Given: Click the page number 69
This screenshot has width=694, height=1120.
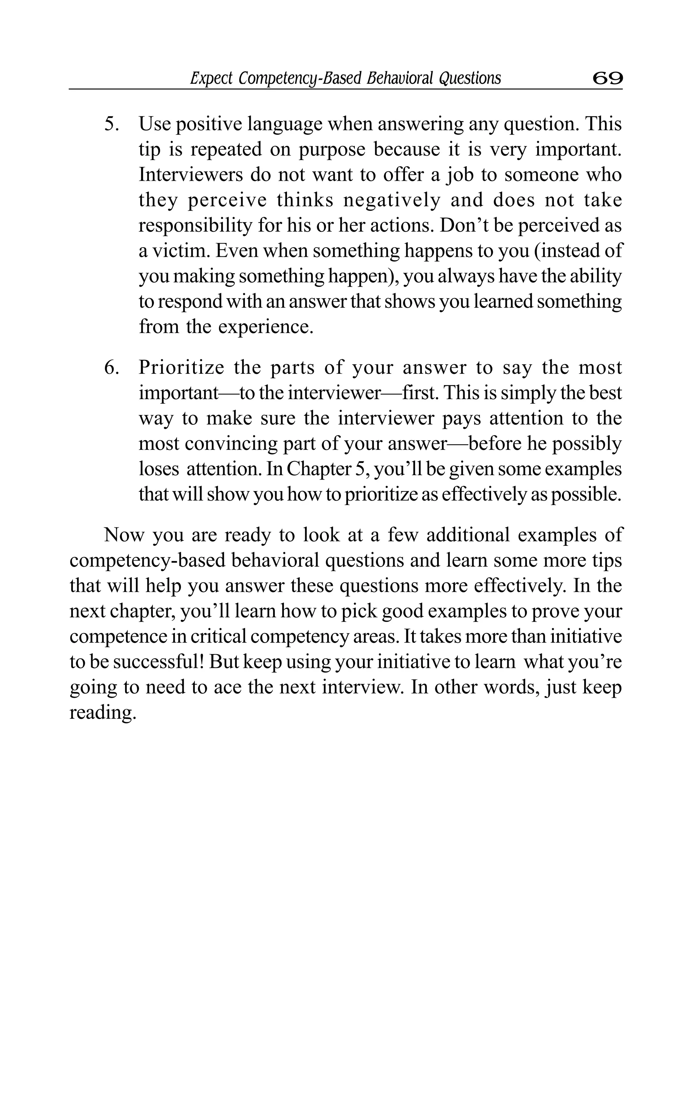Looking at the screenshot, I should (607, 79).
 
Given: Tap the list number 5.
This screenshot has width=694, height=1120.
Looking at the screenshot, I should (112, 124).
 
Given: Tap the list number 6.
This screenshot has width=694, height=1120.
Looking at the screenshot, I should (112, 368).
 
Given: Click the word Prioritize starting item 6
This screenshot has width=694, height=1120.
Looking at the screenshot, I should (181, 368).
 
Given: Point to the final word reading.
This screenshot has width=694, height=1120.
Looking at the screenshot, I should (103, 713).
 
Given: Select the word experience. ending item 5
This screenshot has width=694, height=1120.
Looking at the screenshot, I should (265, 327).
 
